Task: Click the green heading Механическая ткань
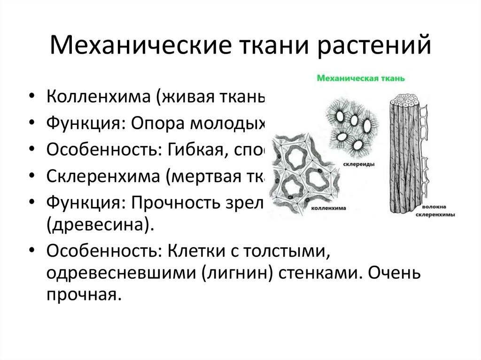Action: point(360,77)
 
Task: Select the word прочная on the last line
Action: point(81,294)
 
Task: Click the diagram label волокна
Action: point(434,206)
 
